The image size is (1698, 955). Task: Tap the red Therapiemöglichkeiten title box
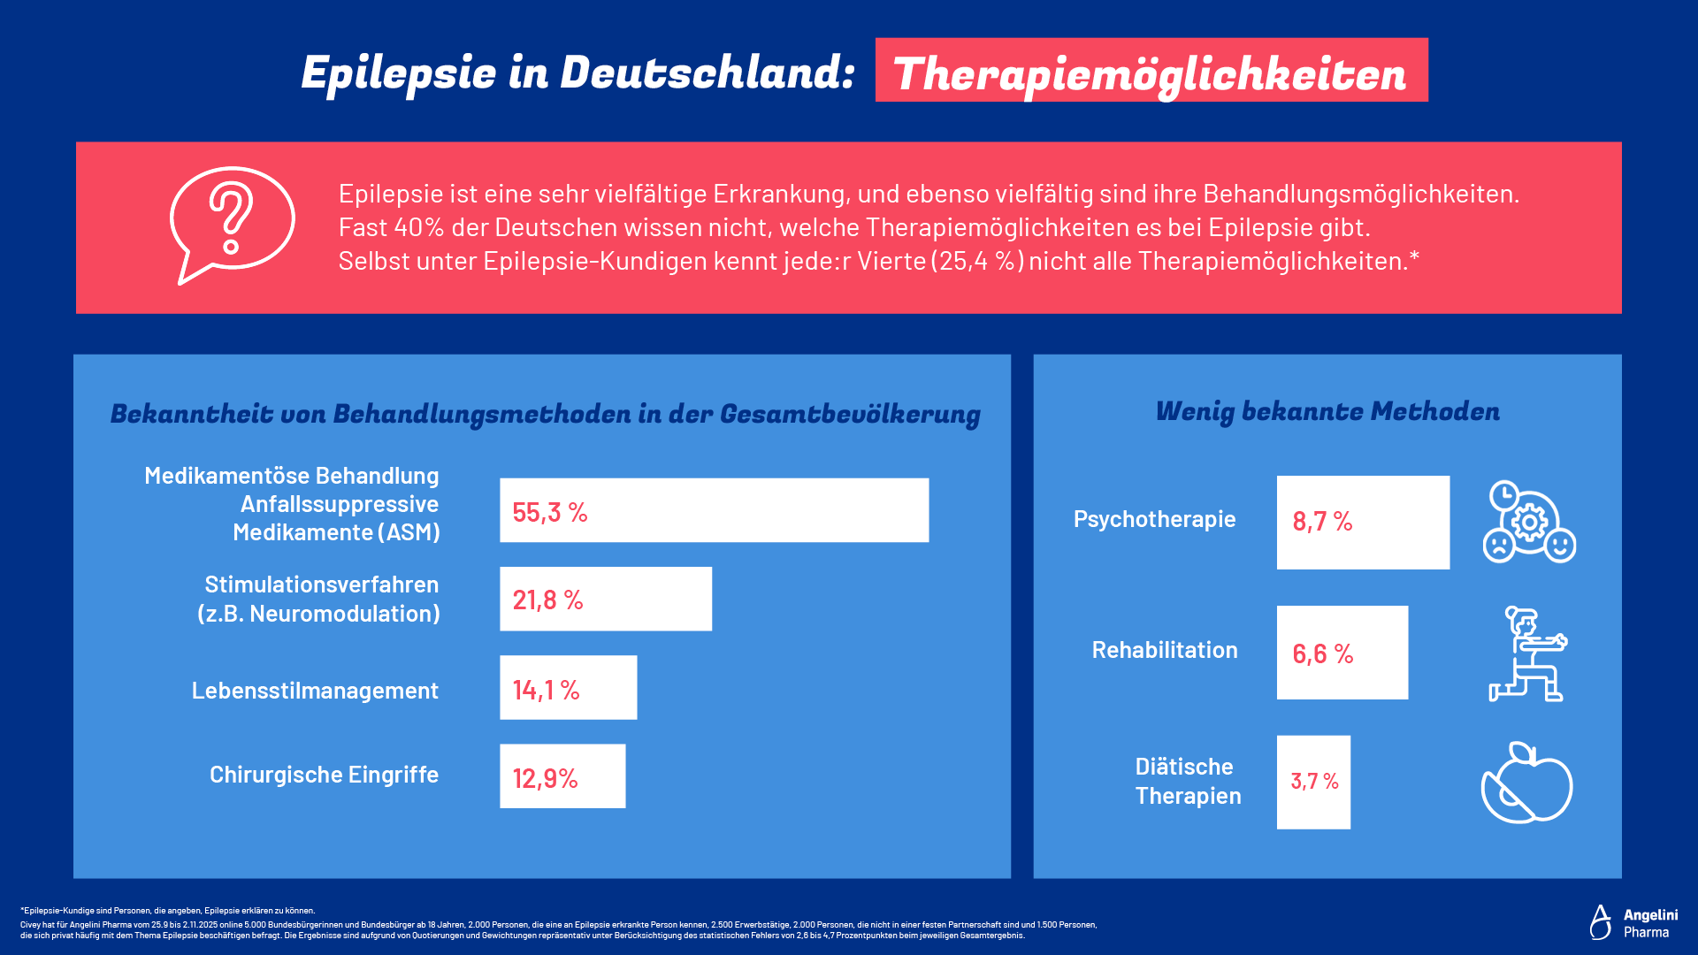[1151, 71]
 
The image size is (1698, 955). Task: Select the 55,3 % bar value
[549, 512]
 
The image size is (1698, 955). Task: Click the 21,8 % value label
[547, 600]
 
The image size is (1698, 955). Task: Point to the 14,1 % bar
[568, 688]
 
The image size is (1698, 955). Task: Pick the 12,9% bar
[562, 776]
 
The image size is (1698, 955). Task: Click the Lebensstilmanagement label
[315, 691]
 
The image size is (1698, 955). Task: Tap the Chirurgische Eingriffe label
[324, 775]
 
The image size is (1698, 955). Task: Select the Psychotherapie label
[1154, 519]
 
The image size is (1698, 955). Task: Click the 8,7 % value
[1322, 522]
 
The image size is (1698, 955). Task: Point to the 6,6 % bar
[1342, 653]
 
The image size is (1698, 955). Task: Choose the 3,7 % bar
[1313, 782]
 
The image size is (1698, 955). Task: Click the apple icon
[1526, 783]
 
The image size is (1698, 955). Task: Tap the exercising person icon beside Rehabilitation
[1527, 654]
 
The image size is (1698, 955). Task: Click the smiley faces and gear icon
[1529, 522]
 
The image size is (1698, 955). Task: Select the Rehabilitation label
[1165, 650]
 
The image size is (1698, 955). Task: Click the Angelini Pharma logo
[1633, 922]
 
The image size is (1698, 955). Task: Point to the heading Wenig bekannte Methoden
[1327, 412]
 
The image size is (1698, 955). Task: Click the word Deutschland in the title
[707, 73]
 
